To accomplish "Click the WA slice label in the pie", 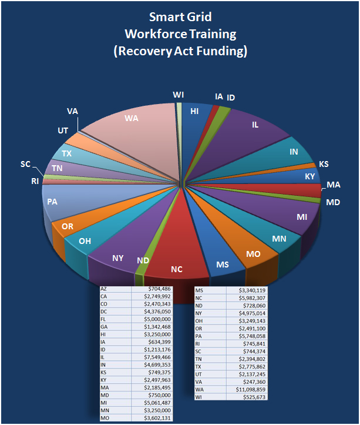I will point(131,118).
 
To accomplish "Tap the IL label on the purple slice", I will point(255,125).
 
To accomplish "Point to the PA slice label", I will point(52,201).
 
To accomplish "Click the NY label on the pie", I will point(117,257).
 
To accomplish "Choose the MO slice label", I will point(253,254).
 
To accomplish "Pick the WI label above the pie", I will point(179,95).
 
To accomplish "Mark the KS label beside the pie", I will point(324,164).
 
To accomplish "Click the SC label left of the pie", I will point(25,164).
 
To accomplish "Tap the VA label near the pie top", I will point(72,111).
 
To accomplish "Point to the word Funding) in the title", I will point(220,52).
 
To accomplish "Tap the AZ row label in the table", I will point(105,289).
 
